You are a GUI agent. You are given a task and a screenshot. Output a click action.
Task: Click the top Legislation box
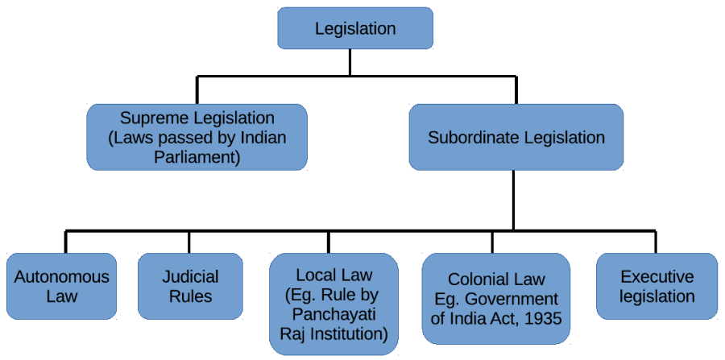coord(355,28)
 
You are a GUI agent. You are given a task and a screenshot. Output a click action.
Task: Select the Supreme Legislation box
coord(197,137)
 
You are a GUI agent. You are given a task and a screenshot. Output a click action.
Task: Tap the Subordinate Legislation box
coord(516,137)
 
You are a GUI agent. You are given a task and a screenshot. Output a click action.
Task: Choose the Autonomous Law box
coord(61,286)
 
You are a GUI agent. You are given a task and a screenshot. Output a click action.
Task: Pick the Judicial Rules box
coord(190,286)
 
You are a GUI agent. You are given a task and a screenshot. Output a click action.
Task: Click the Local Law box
coord(333,304)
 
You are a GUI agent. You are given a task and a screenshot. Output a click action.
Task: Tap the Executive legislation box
coord(657,286)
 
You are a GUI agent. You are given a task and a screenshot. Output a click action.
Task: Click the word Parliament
coord(197,156)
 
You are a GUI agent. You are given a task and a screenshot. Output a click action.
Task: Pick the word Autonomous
coord(61,277)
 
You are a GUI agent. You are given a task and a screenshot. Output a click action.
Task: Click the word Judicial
coord(189,277)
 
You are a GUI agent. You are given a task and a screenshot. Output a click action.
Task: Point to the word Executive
coord(657,277)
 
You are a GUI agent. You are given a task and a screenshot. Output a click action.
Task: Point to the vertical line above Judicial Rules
coord(189,242)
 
